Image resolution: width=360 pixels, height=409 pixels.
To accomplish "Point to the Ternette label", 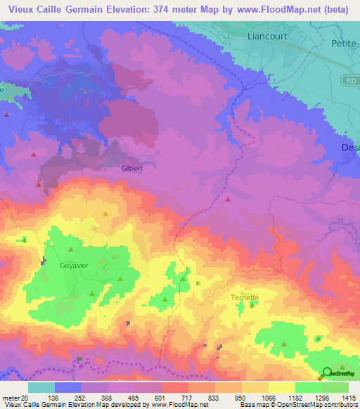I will click(245, 297).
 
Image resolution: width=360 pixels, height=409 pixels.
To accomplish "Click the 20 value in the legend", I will click(25, 397).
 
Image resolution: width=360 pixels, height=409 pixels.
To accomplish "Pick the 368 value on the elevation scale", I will click(107, 397).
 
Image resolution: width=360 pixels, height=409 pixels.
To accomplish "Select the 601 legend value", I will click(160, 397).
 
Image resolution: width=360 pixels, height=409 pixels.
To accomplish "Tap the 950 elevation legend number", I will click(241, 397).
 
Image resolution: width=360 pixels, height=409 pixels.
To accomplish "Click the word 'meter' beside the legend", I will click(11, 397).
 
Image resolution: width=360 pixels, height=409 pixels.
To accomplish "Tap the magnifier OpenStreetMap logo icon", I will click(327, 373).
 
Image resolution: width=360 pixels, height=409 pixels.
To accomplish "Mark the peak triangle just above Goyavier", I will click(70, 249).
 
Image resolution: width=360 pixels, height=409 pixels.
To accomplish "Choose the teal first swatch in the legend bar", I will click(41, 387).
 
